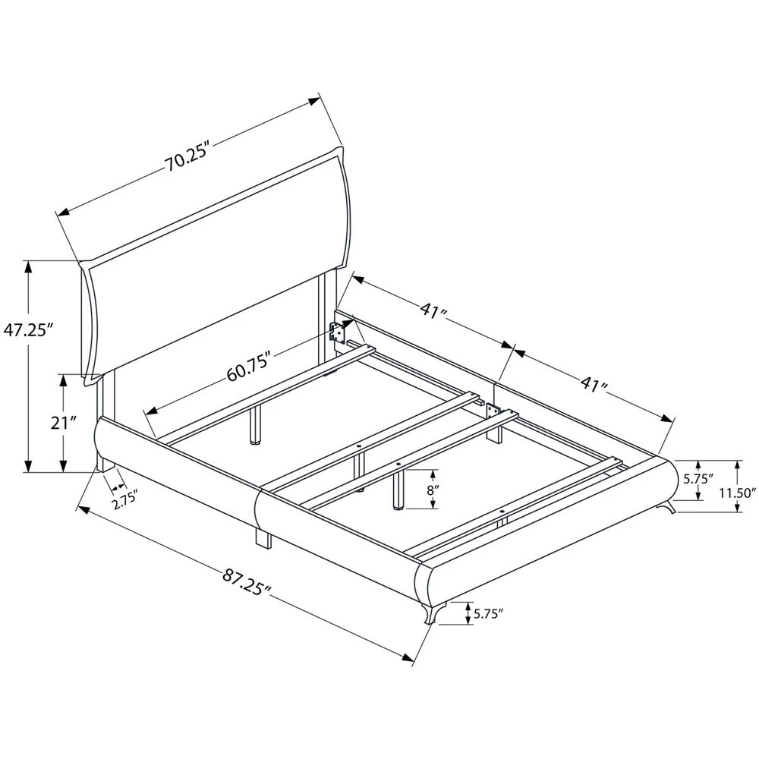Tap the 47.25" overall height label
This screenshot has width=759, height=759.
tap(28, 330)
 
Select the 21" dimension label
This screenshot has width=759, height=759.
tap(64, 423)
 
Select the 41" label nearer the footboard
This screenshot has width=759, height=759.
tap(594, 384)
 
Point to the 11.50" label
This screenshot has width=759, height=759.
tap(737, 493)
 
